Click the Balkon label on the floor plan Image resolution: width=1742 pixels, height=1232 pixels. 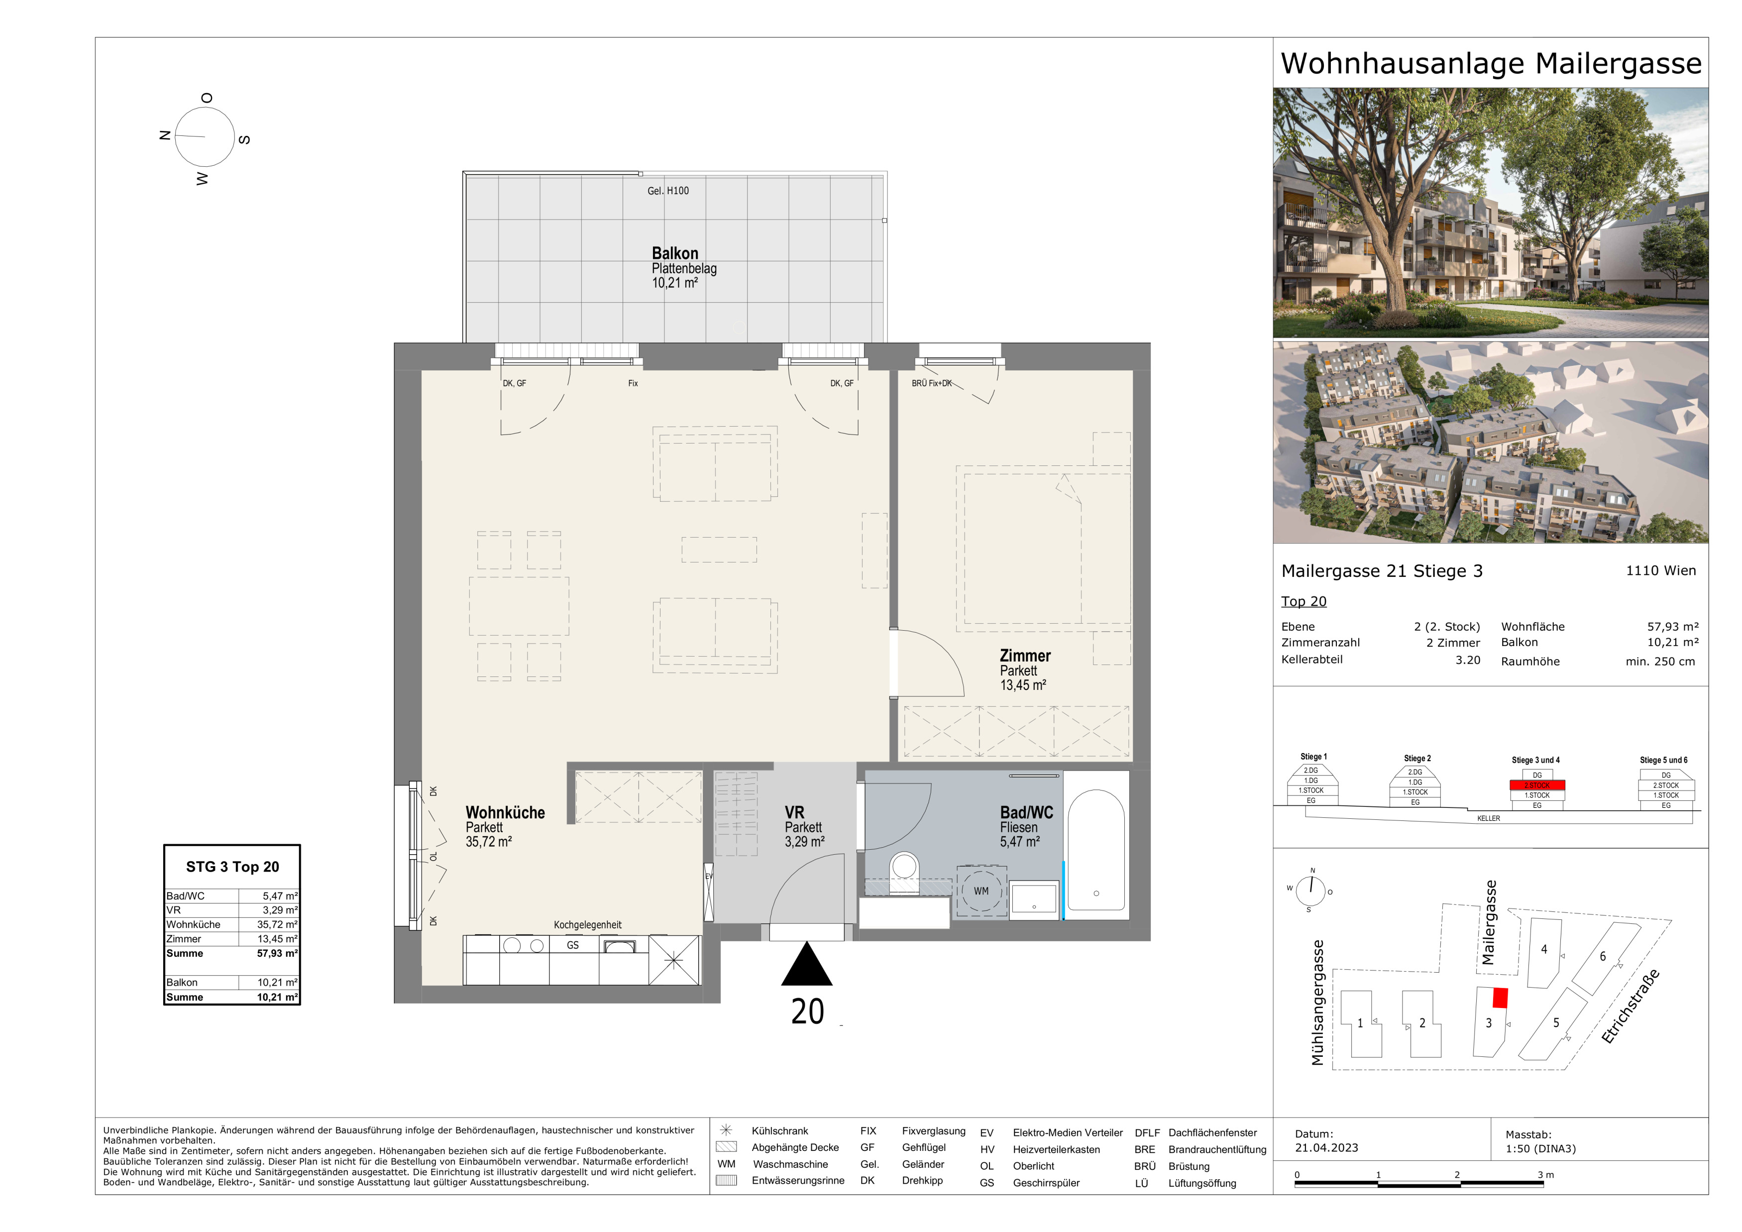tap(674, 253)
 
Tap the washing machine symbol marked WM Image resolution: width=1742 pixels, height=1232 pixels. tap(981, 892)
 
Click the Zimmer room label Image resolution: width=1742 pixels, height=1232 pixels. tap(1025, 656)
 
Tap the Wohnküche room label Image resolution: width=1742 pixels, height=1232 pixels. tap(505, 812)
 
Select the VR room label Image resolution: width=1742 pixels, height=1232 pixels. tap(794, 812)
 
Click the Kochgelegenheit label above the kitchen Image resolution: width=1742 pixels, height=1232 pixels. tap(587, 925)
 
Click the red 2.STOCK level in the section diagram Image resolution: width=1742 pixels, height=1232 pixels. tap(1537, 785)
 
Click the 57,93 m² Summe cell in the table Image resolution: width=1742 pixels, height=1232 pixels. tap(277, 954)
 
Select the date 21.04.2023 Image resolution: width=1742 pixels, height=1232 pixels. tap(1326, 1148)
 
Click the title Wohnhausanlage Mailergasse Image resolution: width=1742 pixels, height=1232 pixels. tap(1491, 64)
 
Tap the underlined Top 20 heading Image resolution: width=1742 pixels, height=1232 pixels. tap(1304, 602)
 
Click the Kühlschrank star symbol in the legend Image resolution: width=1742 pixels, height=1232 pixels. tap(726, 1130)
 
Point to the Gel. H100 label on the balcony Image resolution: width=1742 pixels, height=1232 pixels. tap(667, 191)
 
